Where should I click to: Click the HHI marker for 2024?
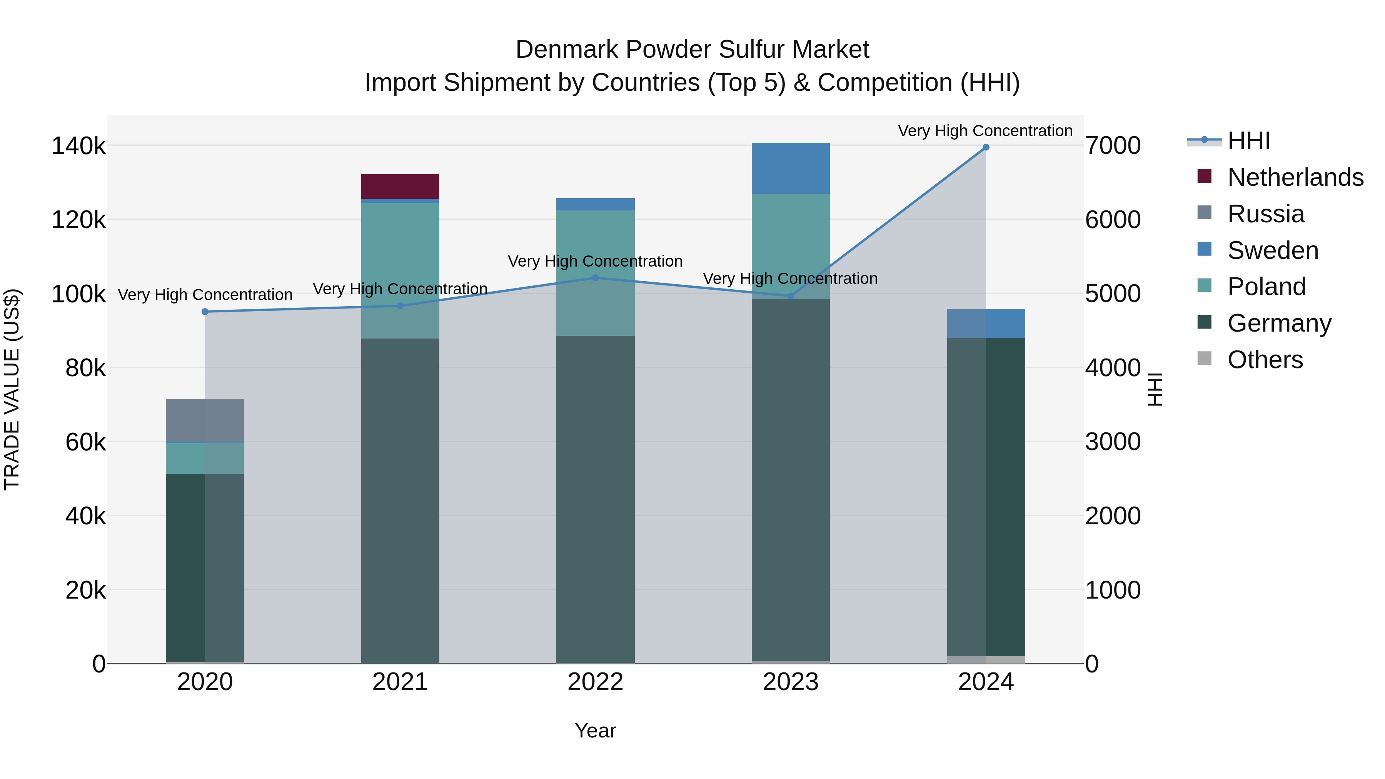click(986, 147)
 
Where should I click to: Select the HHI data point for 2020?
click(205, 312)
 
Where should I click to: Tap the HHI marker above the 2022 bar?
click(595, 278)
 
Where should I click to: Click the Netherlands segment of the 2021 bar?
click(400, 187)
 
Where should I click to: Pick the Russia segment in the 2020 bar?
click(205, 420)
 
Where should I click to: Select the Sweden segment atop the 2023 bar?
click(790, 168)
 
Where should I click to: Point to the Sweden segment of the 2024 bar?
click(986, 324)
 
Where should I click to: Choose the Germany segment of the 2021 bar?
click(400, 500)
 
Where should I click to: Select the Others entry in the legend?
click(1265, 360)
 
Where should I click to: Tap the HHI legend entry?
click(1248, 141)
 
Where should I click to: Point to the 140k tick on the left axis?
click(78, 146)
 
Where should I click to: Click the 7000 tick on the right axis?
click(1112, 146)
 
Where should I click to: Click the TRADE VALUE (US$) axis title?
click(12, 389)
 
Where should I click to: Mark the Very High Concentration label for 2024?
click(985, 131)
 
